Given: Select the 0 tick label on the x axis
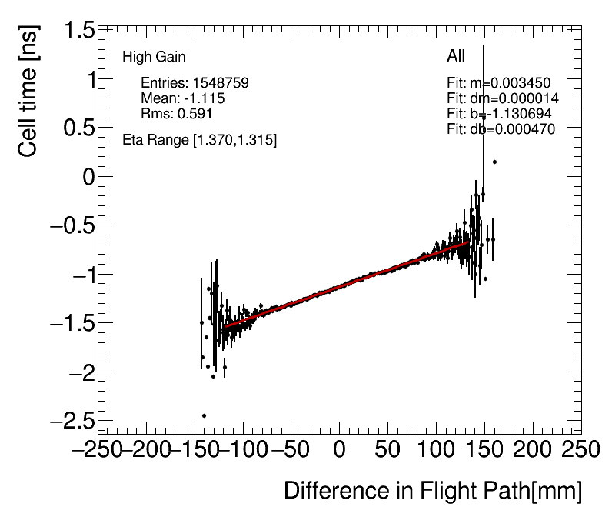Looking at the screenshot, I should coord(339,449).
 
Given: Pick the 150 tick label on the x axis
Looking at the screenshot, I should coord(484,449).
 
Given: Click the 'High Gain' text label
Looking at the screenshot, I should coord(154,57).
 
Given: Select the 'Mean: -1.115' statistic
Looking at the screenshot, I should coord(182,98).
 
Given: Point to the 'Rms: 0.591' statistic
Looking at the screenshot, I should coord(176,113).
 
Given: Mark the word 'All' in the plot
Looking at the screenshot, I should coord(456,56).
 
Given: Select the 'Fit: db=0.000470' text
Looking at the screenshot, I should coord(501,128).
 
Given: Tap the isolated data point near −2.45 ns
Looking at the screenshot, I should coord(205,415).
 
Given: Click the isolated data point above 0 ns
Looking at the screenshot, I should coord(494,162).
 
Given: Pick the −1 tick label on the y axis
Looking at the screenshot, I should coord(77,275).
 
